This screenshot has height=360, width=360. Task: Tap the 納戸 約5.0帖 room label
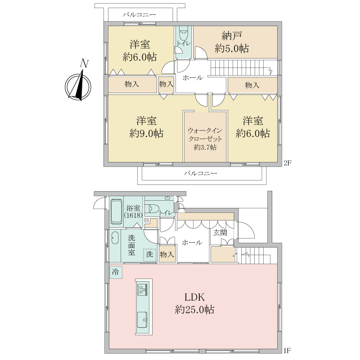click(232, 42)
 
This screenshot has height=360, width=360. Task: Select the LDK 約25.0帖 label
click(194, 303)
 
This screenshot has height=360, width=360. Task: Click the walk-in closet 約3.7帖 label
click(205, 139)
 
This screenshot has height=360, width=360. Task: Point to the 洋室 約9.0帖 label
click(146, 127)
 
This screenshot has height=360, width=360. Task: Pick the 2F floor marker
click(287, 163)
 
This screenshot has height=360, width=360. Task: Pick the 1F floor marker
click(287, 351)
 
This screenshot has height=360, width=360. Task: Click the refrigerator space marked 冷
click(116, 272)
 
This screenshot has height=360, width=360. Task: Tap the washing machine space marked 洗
click(149, 255)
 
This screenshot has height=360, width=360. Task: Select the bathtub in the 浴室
click(117, 211)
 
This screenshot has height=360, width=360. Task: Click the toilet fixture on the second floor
click(184, 34)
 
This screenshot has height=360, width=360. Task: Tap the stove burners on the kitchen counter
click(142, 289)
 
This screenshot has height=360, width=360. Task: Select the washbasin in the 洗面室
click(115, 238)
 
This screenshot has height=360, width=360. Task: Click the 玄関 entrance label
click(220, 233)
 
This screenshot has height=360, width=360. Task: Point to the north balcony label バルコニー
click(139, 15)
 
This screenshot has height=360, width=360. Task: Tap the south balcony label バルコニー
click(200, 173)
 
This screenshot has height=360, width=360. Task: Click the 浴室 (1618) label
click(133, 211)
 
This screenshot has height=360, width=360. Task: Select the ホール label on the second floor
click(193, 78)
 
